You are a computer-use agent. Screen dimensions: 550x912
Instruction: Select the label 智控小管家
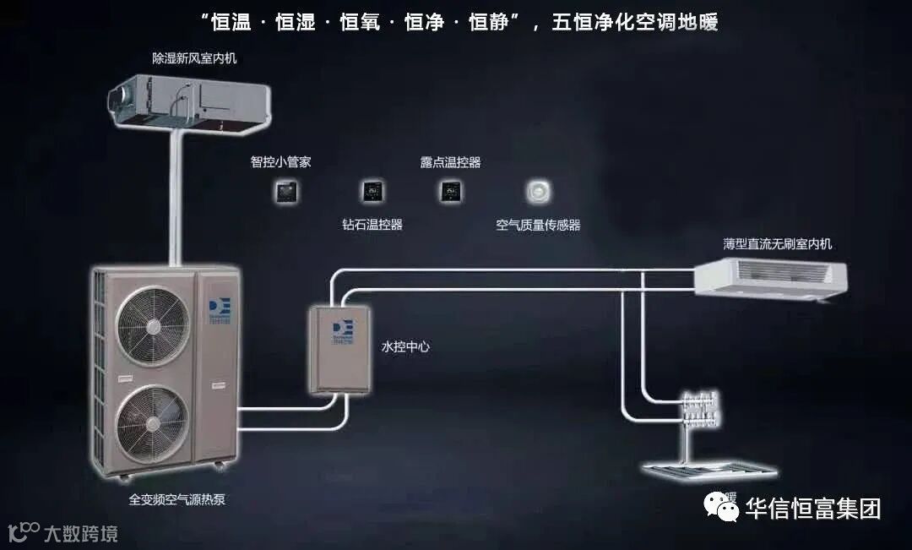tap(281, 161)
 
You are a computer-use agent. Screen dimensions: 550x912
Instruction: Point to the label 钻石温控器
tap(372, 225)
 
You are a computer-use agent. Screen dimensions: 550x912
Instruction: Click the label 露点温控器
tap(450, 161)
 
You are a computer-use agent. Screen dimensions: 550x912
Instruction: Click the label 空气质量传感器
tap(538, 226)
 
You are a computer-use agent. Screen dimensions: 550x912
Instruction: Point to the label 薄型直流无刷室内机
tap(778, 244)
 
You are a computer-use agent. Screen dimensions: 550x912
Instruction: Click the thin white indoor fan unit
tap(770, 280)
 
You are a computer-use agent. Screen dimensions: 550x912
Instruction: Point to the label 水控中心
tap(406, 346)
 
